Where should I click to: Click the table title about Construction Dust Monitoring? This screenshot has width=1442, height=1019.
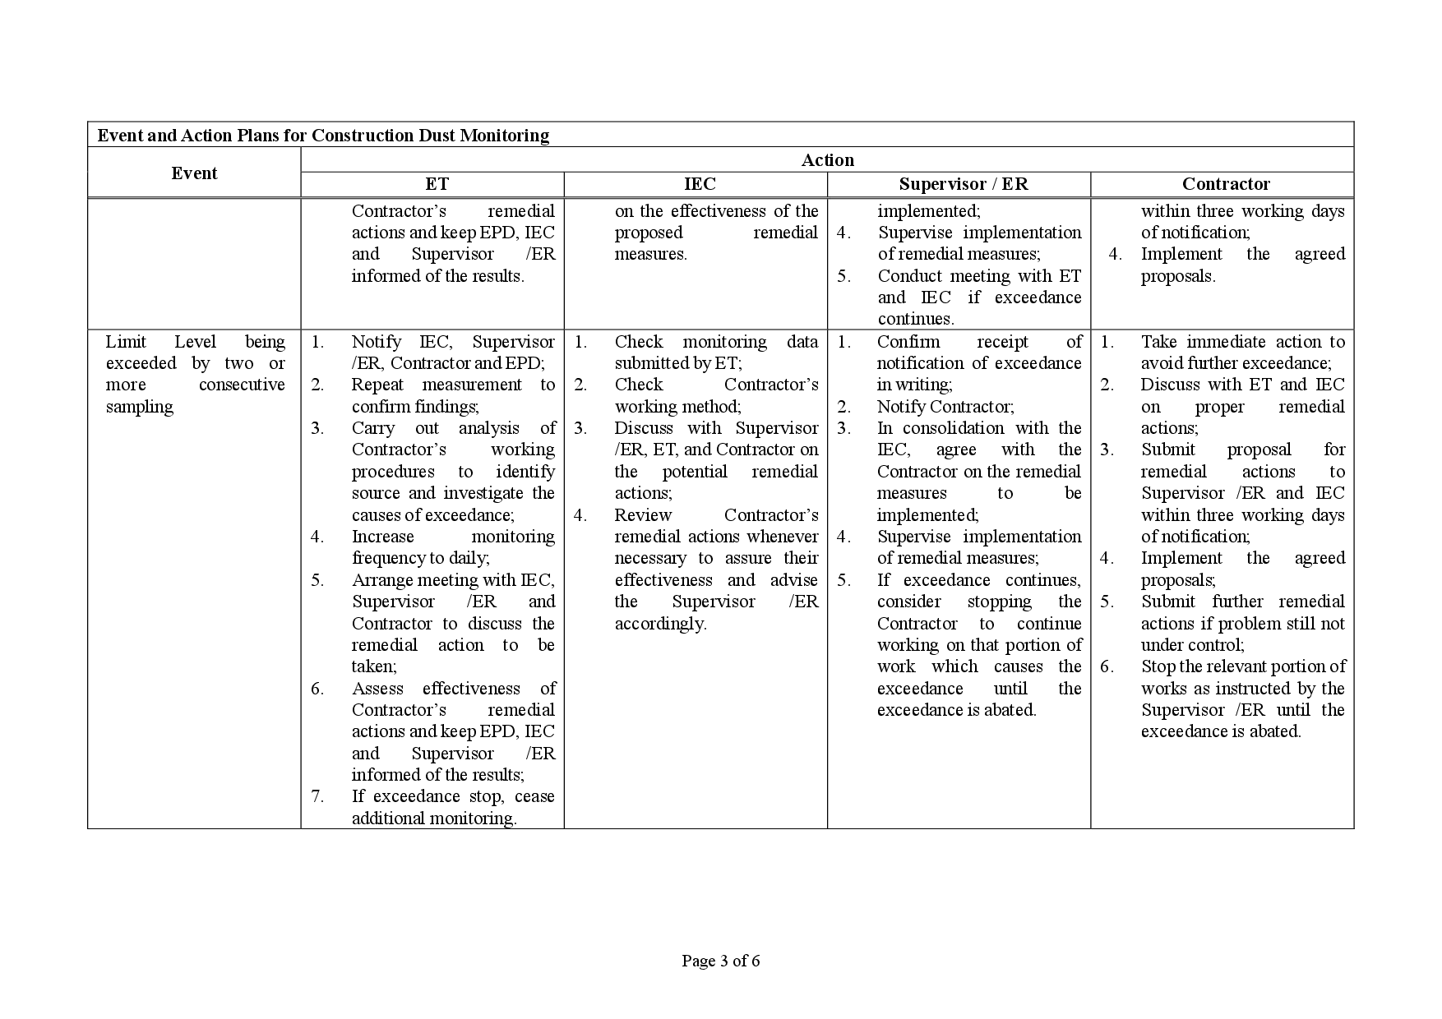(323, 136)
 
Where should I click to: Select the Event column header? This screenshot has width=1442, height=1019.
(194, 173)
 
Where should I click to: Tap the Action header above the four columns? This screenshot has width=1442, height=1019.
(827, 160)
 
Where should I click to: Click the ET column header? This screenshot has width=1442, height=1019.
(437, 184)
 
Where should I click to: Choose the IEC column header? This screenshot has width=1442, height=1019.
(700, 184)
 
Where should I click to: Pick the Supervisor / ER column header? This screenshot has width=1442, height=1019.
(963, 184)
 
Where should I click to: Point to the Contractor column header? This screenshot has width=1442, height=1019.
(1225, 184)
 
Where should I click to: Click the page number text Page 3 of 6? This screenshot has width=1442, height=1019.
(720, 961)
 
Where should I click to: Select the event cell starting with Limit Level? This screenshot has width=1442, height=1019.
(195, 374)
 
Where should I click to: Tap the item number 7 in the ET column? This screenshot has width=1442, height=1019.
(317, 796)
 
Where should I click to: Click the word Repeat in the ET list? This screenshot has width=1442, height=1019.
(378, 385)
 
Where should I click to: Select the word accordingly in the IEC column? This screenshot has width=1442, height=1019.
(660, 624)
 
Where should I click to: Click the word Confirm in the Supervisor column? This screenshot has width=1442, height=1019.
(908, 342)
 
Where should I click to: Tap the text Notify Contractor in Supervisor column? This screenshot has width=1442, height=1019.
(945, 407)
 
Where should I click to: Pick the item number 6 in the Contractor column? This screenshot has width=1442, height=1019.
(1107, 666)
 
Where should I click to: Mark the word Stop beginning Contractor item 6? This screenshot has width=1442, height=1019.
(1158, 666)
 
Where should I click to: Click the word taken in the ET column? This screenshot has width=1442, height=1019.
(372, 667)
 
